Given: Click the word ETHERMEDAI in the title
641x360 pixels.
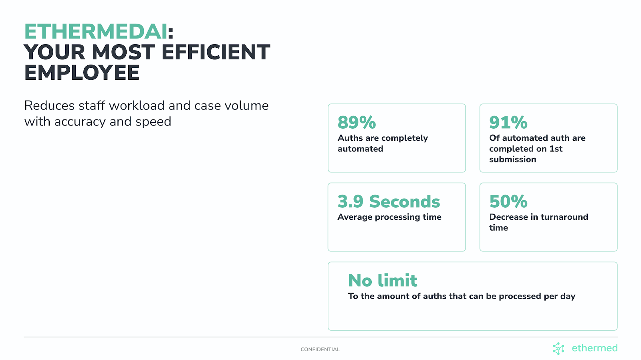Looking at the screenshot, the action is point(96,32).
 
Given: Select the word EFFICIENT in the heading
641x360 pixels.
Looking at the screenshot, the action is point(216,52).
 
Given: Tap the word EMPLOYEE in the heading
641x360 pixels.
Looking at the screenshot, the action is point(82,73).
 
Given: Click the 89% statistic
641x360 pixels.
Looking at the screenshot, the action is point(357,122).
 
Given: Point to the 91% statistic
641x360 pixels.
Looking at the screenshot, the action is point(508,122).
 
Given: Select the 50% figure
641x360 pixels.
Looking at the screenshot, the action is point(508,201).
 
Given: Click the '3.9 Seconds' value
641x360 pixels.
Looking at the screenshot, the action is point(389,201).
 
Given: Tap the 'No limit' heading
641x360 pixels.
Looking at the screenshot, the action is point(383,280).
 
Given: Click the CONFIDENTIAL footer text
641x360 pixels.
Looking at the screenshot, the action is point(320,350).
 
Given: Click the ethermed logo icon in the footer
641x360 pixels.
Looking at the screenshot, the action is point(558,348).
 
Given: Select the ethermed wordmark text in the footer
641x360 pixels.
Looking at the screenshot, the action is point(595,348).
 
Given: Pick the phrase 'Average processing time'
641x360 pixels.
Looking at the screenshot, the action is point(389,217).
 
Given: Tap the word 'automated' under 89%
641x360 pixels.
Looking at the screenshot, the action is point(360,149).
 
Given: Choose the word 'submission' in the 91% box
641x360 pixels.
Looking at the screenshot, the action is point(512,159).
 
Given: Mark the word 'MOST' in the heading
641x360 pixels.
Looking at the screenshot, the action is point(123,52).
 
